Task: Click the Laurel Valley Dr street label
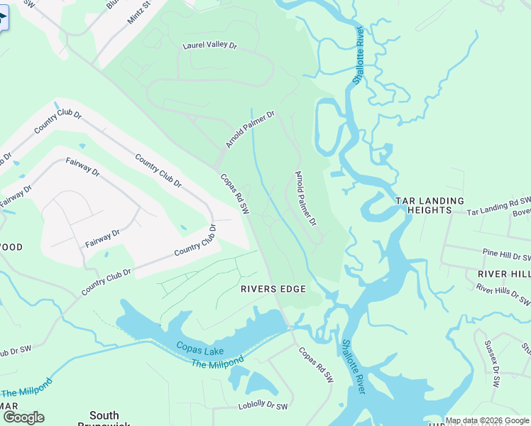tap(209, 45)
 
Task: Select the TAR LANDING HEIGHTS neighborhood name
tap(429, 205)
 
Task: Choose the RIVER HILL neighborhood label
tap(503, 274)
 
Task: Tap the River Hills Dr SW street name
tap(503, 294)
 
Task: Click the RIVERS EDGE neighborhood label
tap(273, 289)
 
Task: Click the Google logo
tap(23, 417)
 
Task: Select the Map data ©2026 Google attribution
tap(487, 420)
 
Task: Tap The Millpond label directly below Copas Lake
tap(217, 361)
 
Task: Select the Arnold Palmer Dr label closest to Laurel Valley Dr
tap(250, 129)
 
